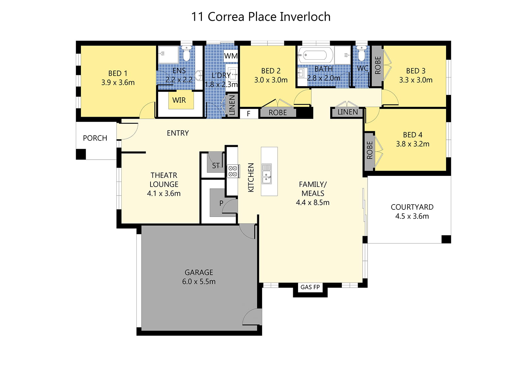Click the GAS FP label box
pyautogui.click(x=310, y=287)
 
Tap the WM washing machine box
pyautogui.click(x=231, y=56)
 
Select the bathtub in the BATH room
pyautogui.click(x=316, y=55)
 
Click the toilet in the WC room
pyautogui.click(x=361, y=53)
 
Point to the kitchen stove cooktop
pyautogui.click(x=233, y=171)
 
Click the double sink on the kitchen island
pyautogui.click(x=266, y=173)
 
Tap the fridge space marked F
pyautogui.click(x=249, y=113)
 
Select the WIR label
pyautogui.click(x=179, y=100)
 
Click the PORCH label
pyautogui.click(x=95, y=138)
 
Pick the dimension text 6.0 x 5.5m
pyautogui.click(x=199, y=281)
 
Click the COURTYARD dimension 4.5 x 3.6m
pyautogui.click(x=412, y=216)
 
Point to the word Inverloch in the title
pyautogui.click(x=305, y=17)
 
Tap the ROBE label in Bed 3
pyautogui.click(x=377, y=65)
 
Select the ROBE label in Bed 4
pyautogui.click(x=370, y=150)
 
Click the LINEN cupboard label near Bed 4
pyautogui.click(x=347, y=112)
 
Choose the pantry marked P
pyautogui.click(x=221, y=203)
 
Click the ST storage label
pyautogui.click(x=216, y=165)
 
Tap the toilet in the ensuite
pyautogui.click(x=186, y=53)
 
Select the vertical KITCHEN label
pyautogui.click(x=251, y=177)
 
